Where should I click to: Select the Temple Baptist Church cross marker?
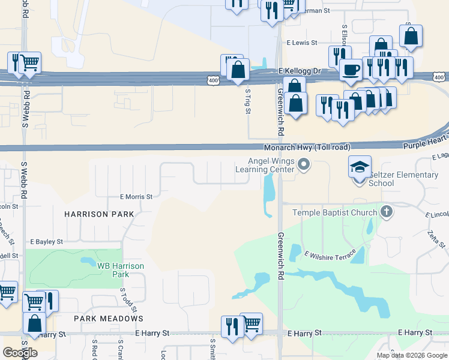(x=386, y=211)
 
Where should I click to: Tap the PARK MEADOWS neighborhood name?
(x=109, y=318)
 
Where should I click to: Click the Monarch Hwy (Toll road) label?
(x=307, y=148)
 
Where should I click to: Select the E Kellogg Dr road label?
(x=300, y=71)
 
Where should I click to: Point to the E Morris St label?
(x=136, y=196)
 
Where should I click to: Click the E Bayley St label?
(x=46, y=242)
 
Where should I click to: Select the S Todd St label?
(x=122, y=298)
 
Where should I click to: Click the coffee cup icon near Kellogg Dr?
(x=351, y=69)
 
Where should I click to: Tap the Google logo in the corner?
(x=20, y=353)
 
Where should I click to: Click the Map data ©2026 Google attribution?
(x=411, y=355)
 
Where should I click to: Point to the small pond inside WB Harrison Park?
(x=88, y=262)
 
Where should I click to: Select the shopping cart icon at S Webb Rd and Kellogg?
(x=30, y=62)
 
